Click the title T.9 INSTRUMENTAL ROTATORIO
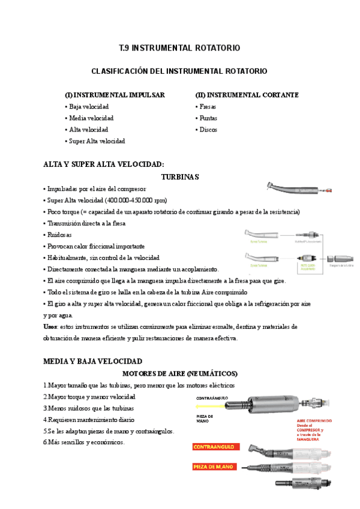pos(180,47)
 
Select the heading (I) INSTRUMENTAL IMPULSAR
pos(115,95)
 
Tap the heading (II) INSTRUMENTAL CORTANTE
pos(247,95)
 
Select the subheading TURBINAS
pos(180,177)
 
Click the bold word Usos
pos(50,327)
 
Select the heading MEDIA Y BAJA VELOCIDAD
pos(93,361)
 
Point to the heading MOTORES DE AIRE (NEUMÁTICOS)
pos(180,373)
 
